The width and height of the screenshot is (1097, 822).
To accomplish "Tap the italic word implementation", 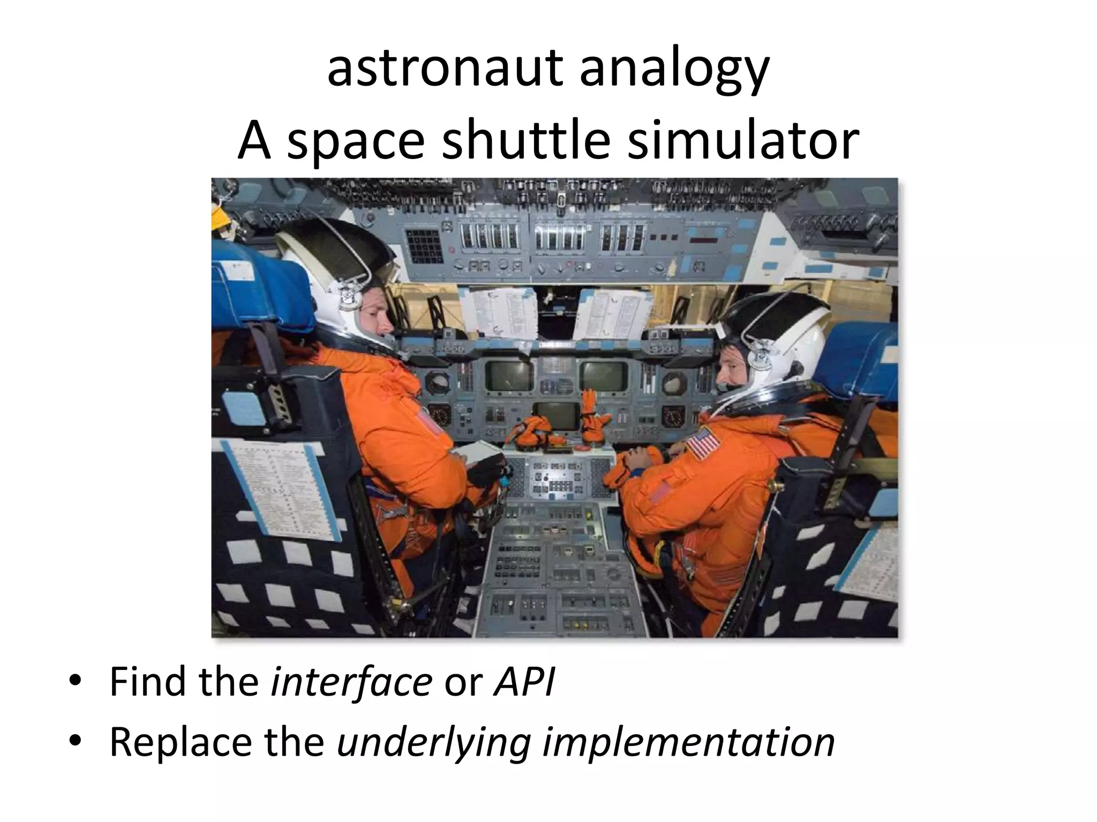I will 688,742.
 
